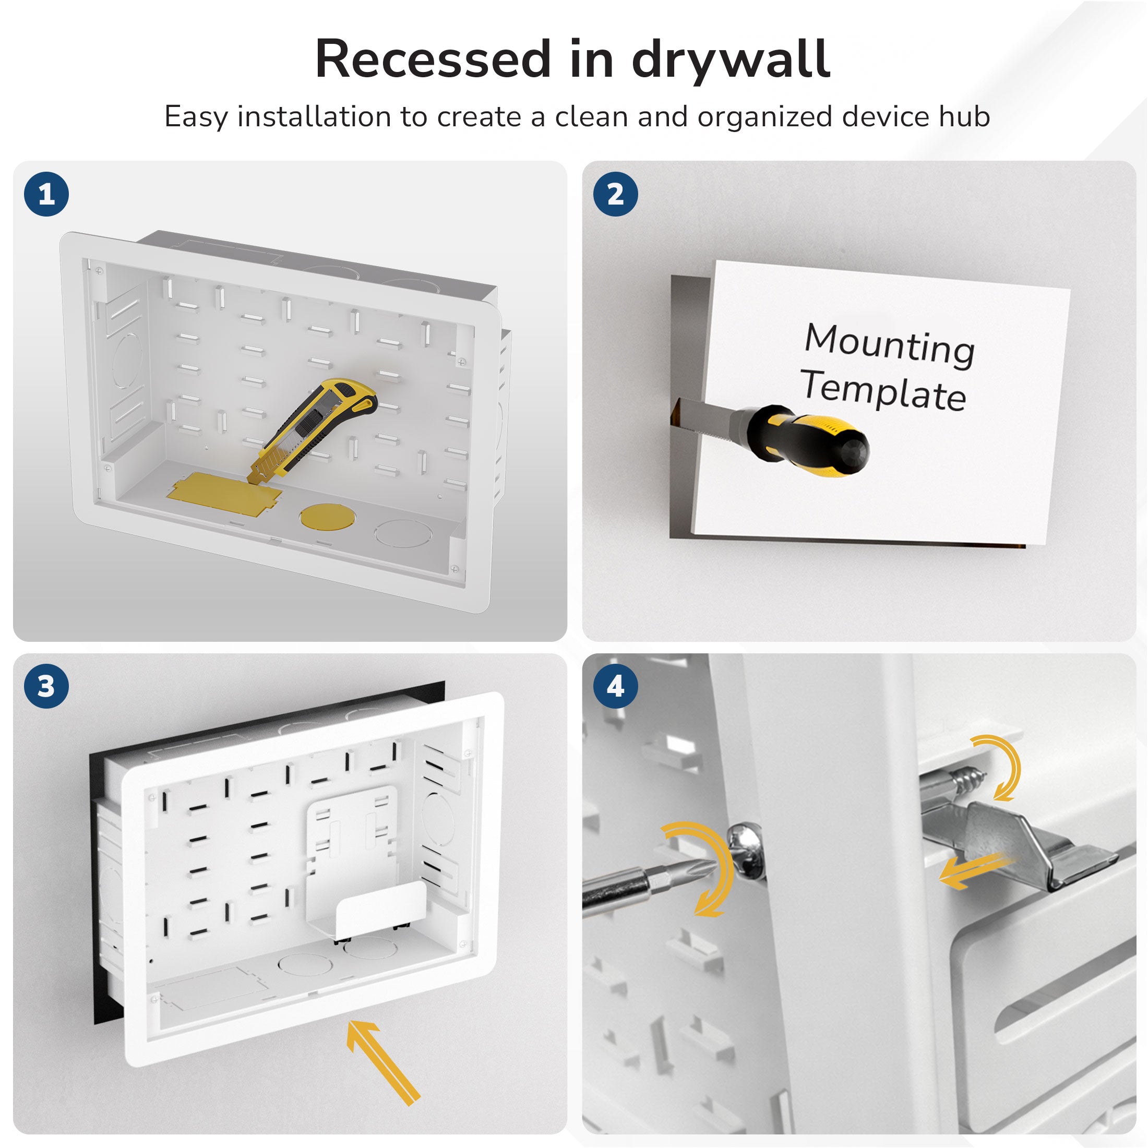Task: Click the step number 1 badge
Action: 46,194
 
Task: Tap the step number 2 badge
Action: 616,194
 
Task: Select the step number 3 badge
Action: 46,686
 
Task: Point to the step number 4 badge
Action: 616,686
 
